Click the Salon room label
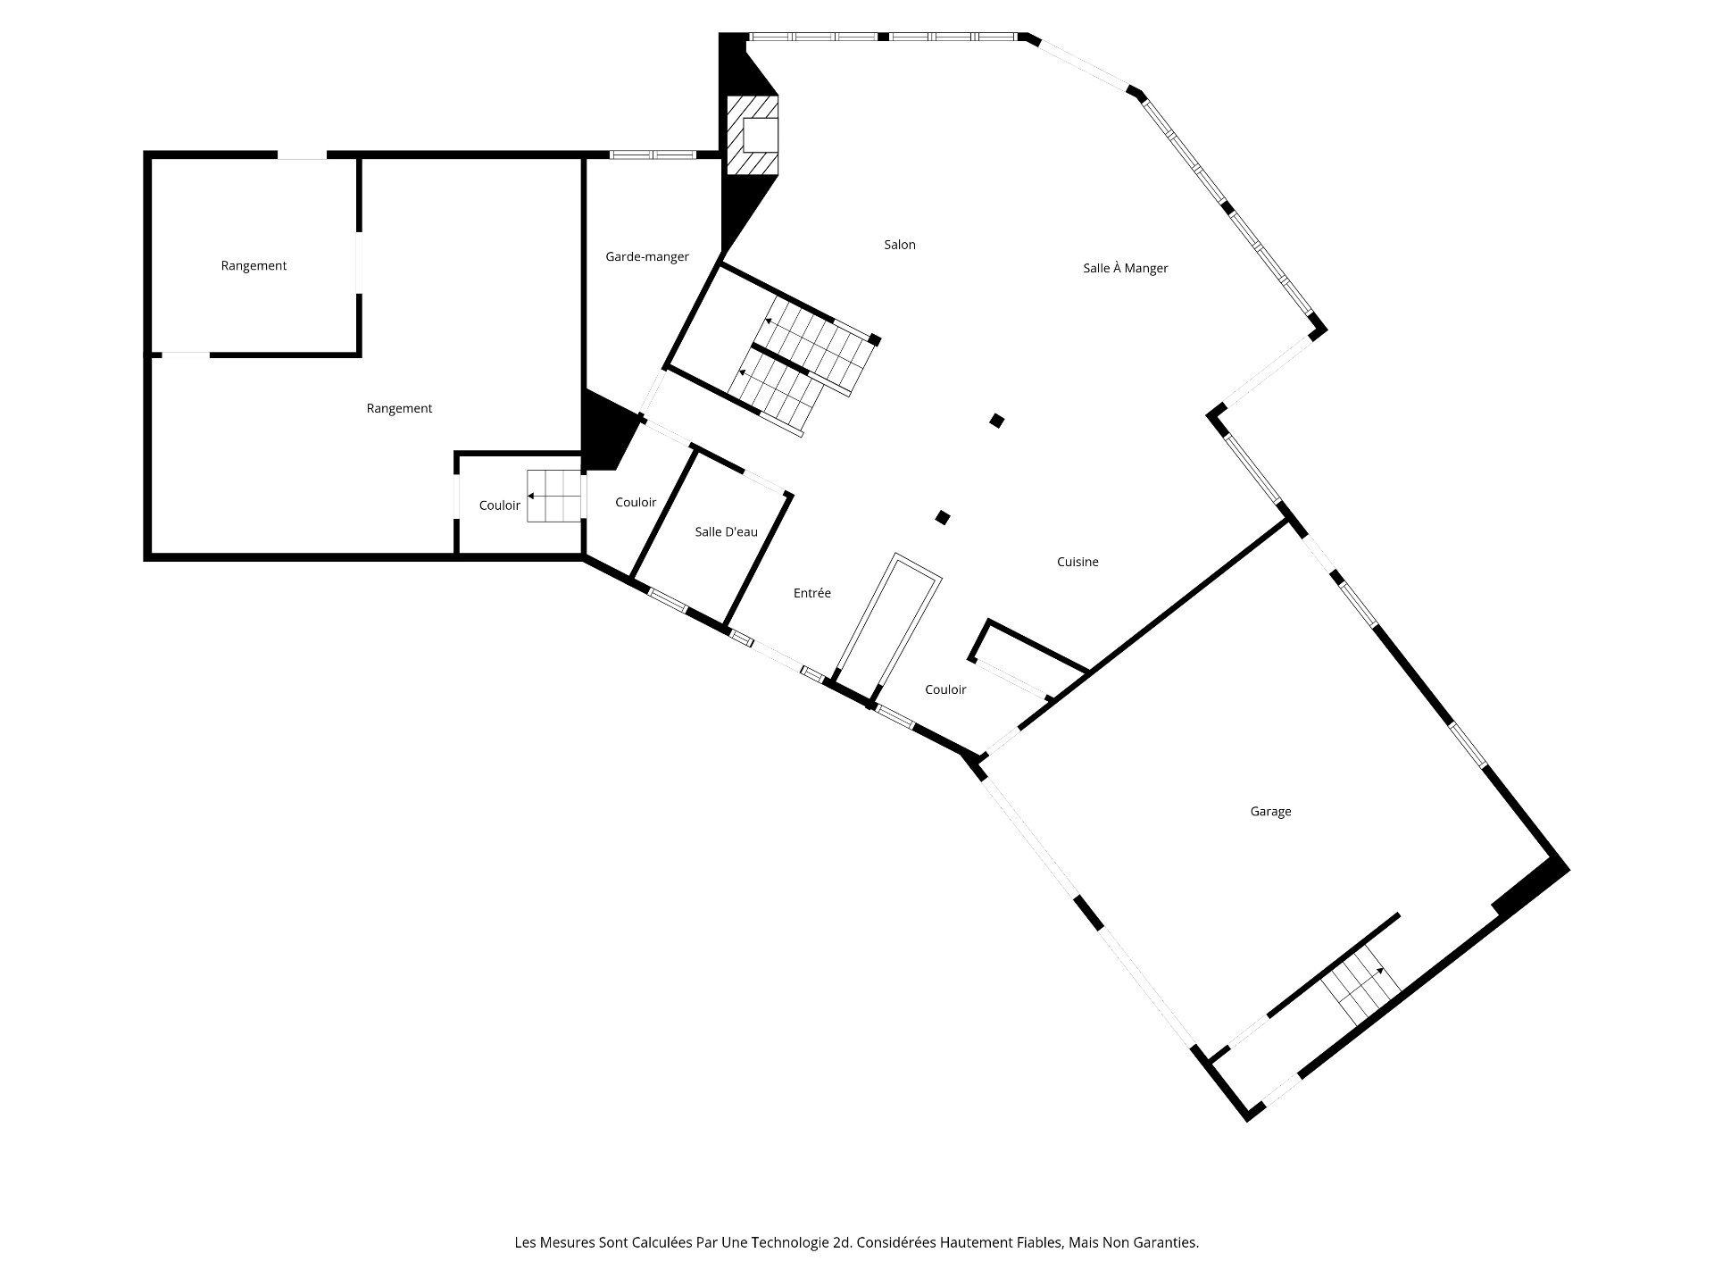coord(900,245)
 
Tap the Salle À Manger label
coord(1125,268)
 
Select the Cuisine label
coord(1077,562)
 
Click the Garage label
coord(1270,812)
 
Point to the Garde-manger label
coord(647,257)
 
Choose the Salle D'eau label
coord(726,532)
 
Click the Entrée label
coord(812,593)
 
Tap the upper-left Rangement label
coord(254,266)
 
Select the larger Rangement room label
coord(399,409)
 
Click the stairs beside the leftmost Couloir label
coord(553,496)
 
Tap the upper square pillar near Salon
coord(997,420)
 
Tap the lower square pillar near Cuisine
coord(942,517)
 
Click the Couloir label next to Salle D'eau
coord(636,503)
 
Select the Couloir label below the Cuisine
coord(945,689)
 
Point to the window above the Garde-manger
coord(652,154)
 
